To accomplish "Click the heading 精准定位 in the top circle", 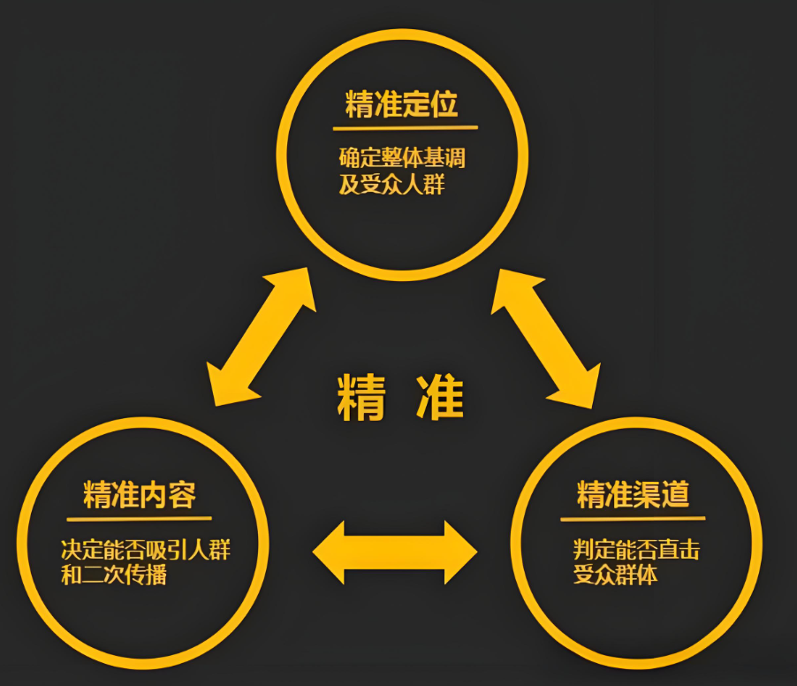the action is pos(401,104).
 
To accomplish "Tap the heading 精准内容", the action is pos(140,495).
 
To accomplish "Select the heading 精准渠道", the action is pos(633,494).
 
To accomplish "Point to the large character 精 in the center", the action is pos(362,397).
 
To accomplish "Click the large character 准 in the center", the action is pos(440,397).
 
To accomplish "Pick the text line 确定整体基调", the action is pos(402,157).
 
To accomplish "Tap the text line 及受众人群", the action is pos(392,184).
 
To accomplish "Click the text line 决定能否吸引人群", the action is pos(146,550).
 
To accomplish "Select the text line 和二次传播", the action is pos(114,575).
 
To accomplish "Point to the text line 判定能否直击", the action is pos(636,550).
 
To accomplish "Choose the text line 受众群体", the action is pos(615,575).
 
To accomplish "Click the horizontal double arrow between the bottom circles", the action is pos(395,553).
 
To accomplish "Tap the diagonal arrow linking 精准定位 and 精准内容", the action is pos(262,337).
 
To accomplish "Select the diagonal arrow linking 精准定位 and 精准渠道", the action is pos(546,339).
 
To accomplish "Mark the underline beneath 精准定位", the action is pos(406,127).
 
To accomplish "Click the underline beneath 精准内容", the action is pos(140,519).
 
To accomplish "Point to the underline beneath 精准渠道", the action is pos(633,519).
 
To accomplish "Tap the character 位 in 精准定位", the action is pos(444,104).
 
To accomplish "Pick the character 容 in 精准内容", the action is pos(183,495).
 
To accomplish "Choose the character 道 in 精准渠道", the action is pos(676,494).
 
